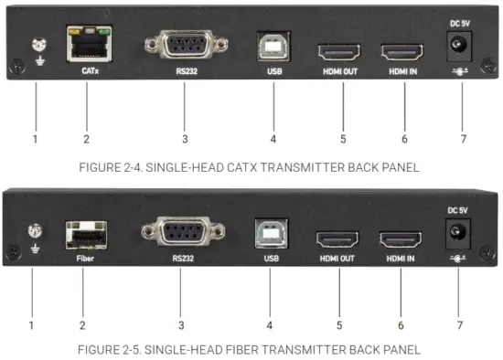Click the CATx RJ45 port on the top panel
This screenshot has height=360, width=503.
(x=85, y=42)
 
